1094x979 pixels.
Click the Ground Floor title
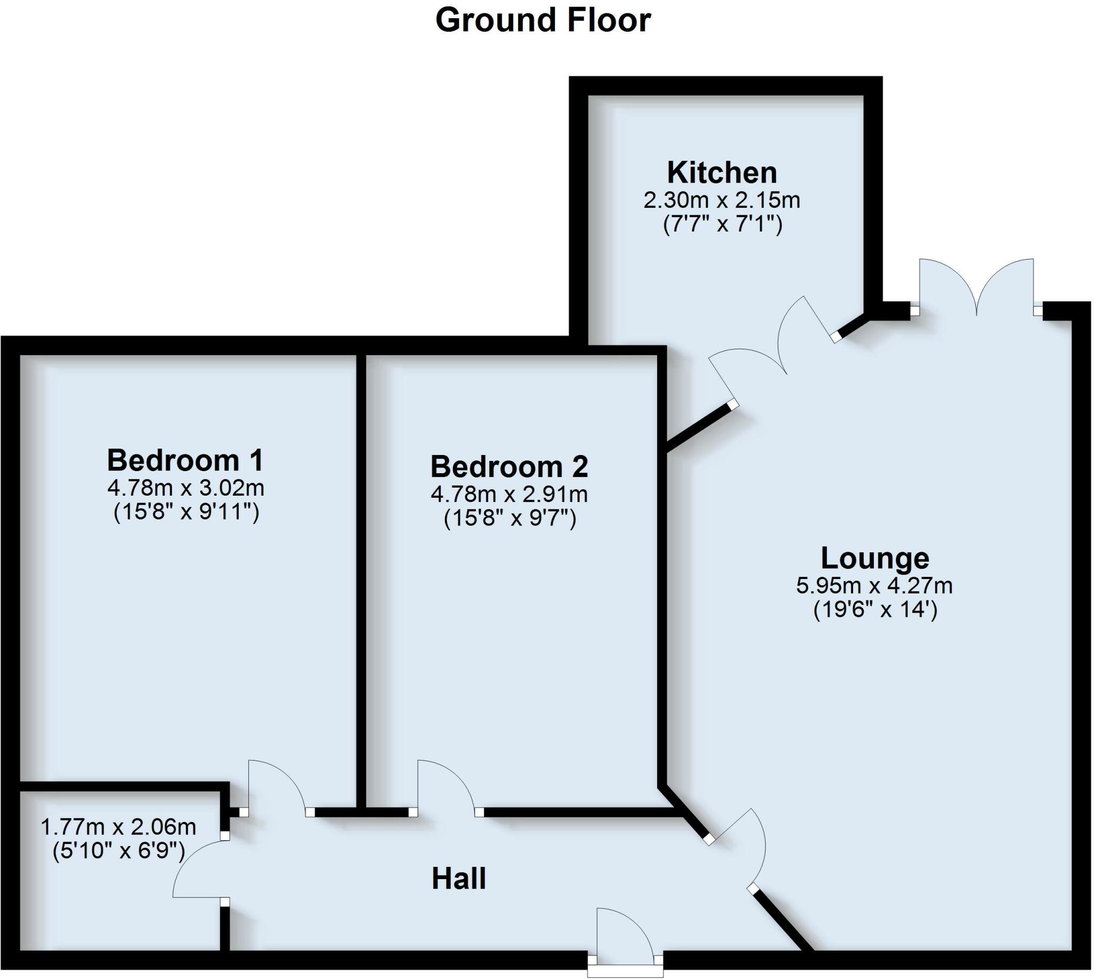543,20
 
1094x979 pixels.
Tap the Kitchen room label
722,173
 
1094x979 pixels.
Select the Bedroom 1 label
185,460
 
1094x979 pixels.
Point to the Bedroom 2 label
509,466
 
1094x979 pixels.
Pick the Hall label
459,879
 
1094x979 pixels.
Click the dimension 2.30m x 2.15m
722,200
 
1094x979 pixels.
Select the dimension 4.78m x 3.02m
185,488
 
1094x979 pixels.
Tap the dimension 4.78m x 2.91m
509,494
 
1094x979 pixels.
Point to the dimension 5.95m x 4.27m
874,585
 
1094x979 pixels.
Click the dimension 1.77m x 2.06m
119,826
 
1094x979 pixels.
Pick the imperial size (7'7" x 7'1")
722,224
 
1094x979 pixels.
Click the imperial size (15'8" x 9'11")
186,512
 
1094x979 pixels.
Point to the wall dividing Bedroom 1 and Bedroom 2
361,581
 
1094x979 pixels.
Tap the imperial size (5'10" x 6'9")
119,850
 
